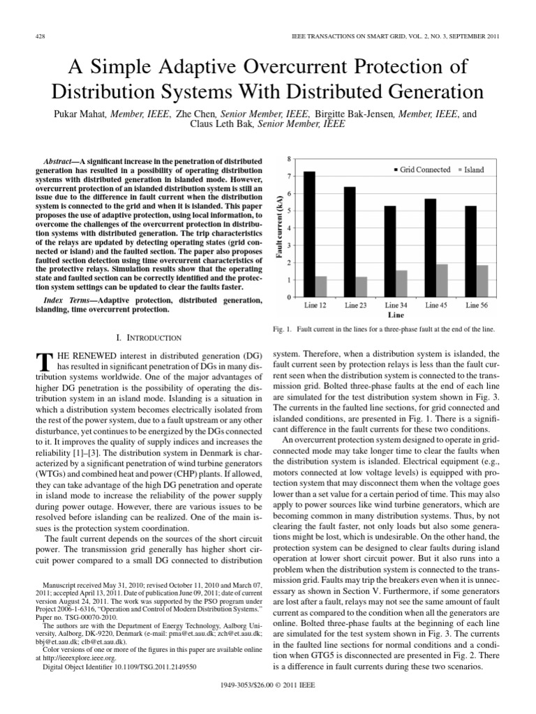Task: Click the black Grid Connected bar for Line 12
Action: tap(309, 234)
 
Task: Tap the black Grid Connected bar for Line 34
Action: tap(390, 251)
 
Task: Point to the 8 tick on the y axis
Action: tap(289, 160)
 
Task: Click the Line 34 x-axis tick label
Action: tap(396, 305)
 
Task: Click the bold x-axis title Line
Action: tap(396, 315)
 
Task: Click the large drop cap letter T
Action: tap(43, 363)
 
